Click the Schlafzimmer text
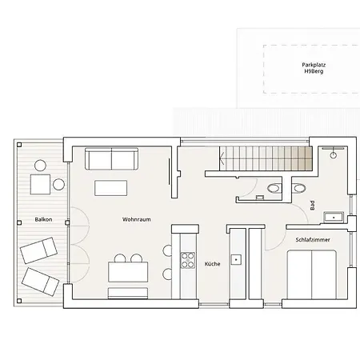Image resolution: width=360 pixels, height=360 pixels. tap(312, 239)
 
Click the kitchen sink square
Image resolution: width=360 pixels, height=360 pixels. tap(237, 259)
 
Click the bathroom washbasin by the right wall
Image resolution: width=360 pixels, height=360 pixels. tap(338, 214)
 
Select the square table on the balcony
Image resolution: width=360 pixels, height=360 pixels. tap(41, 186)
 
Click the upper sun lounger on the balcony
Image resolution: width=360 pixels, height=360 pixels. tap(37, 250)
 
